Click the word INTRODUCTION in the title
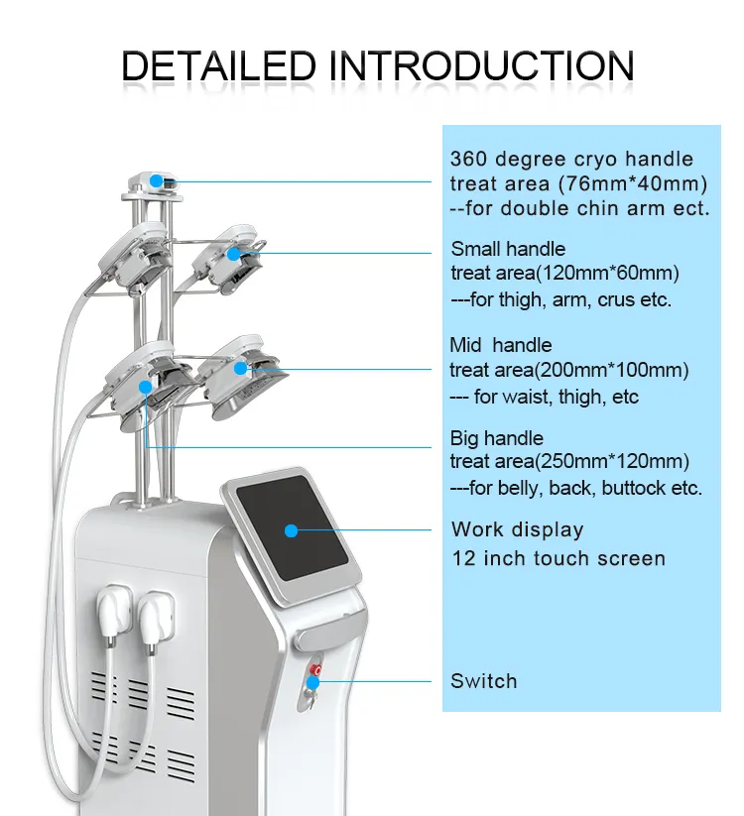(482, 65)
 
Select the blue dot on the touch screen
(291, 530)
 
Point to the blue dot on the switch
(313, 681)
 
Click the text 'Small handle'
(508, 249)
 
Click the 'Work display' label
(517, 529)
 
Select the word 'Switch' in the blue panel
(483, 681)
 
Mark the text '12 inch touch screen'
(558, 558)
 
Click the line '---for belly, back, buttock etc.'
(576, 488)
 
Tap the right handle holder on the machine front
(155, 607)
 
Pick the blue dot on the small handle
(233, 254)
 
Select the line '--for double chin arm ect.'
(579, 208)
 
